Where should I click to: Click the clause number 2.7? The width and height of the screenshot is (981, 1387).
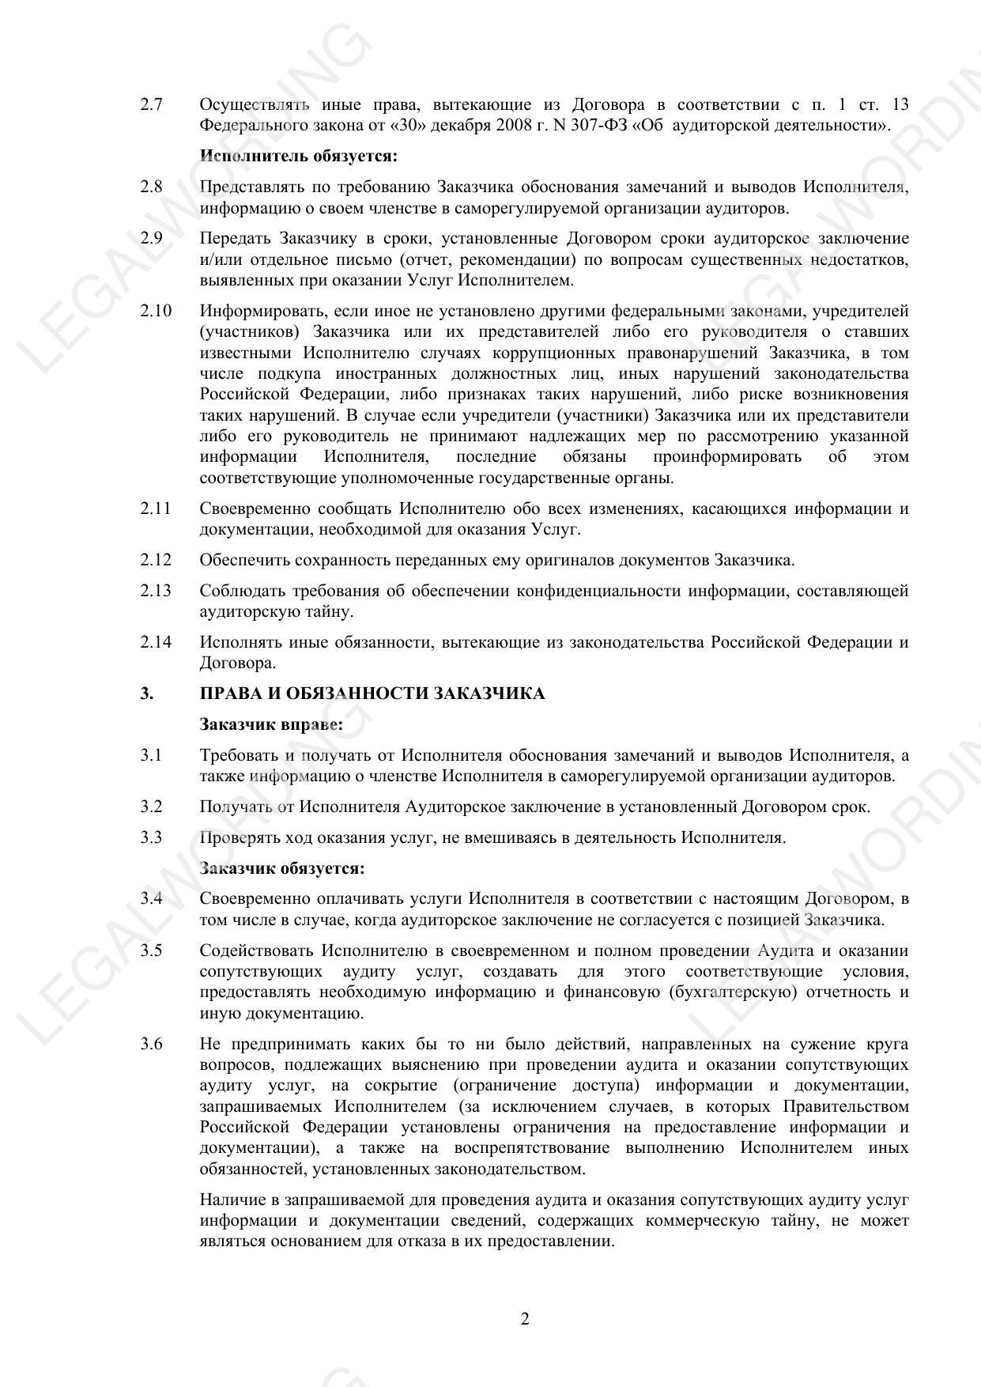[x=151, y=104]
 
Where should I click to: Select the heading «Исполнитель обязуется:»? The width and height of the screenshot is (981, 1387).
[x=298, y=156]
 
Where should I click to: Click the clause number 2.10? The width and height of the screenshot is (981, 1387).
[x=156, y=311]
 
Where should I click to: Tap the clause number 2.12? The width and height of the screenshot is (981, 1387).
[x=156, y=560]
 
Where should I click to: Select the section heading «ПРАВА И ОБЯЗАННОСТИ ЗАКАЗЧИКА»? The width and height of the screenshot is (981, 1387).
[x=372, y=693]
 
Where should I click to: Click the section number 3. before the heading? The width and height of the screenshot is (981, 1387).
[x=146, y=693]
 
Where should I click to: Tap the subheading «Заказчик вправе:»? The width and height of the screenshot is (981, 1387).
[x=271, y=724]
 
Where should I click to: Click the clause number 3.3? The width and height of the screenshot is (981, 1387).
[x=151, y=837]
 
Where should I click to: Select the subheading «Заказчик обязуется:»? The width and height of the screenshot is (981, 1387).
[x=282, y=868]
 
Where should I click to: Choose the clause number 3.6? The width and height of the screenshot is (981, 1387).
[x=151, y=1044]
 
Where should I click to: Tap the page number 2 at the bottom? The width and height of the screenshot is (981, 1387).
[x=525, y=1318]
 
